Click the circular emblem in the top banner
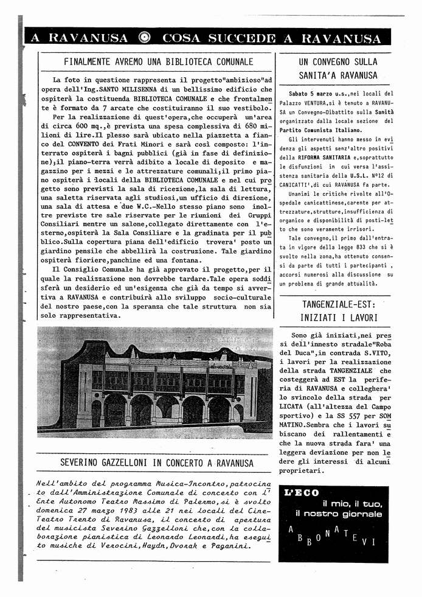(x=145, y=38)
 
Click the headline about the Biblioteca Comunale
(x=158, y=61)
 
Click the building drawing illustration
(x=154, y=383)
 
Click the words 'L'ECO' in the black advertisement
(x=302, y=493)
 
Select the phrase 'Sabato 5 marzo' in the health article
(x=310, y=94)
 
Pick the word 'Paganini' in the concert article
(x=230, y=546)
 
